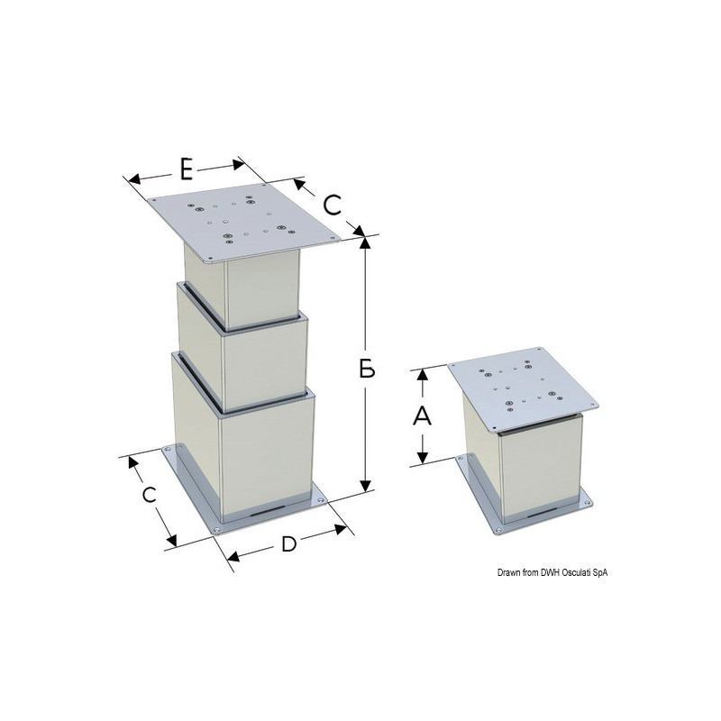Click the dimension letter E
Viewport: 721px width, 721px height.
(x=187, y=169)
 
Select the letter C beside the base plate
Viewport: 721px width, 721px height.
(x=149, y=495)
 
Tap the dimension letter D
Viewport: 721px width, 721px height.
(x=288, y=545)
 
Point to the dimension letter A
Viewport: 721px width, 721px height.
(x=422, y=416)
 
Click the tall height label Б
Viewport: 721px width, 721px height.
(x=367, y=368)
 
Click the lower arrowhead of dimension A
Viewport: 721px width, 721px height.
(x=423, y=457)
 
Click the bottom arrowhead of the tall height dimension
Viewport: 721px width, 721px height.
(x=365, y=485)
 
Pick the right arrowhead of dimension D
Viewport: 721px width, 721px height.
(x=341, y=530)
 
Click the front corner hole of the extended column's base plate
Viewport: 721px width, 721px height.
(x=217, y=530)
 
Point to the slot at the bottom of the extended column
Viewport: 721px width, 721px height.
(x=267, y=511)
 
